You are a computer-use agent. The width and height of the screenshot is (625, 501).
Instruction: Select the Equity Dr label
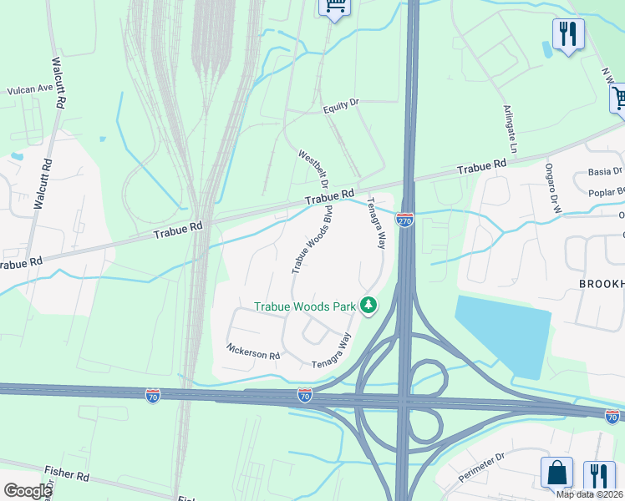pos(340,109)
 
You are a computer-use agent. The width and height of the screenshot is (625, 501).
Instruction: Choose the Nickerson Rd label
pos(252,353)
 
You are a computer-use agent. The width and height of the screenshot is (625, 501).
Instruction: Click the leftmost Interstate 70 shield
pos(153,395)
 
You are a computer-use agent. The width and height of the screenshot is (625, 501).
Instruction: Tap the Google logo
pos(28,491)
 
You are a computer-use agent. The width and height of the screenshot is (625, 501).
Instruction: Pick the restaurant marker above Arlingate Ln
pos(568,34)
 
